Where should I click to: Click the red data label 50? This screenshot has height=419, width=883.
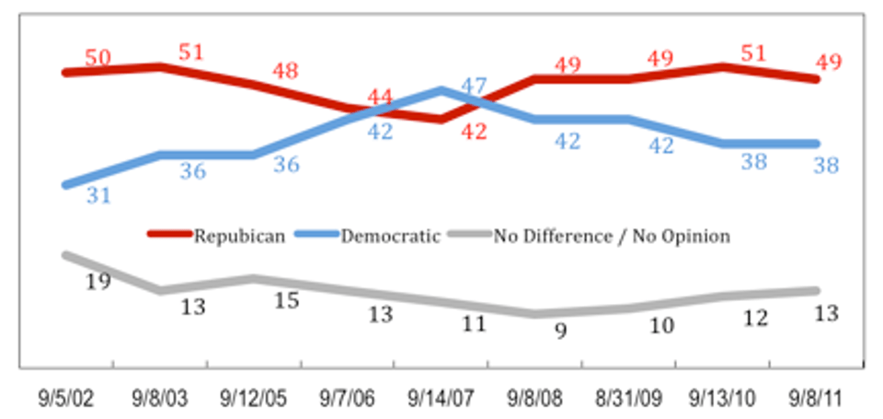(97, 57)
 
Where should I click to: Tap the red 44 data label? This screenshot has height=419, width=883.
(380, 96)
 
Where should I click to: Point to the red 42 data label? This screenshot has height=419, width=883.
(473, 131)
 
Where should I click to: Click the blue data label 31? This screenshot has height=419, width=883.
(98, 195)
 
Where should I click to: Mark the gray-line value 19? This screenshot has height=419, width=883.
(98, 281)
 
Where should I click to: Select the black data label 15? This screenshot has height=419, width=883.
(287, 300)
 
